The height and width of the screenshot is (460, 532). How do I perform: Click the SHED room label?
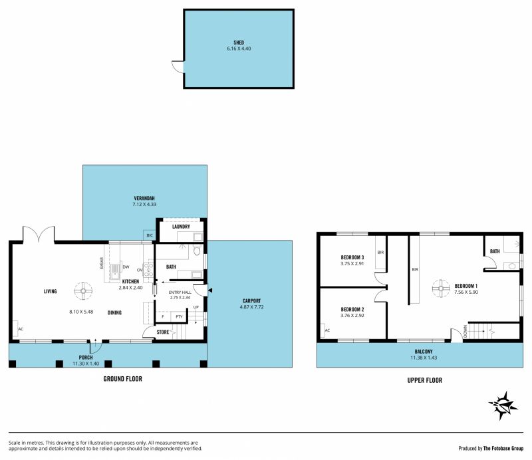(239, 43)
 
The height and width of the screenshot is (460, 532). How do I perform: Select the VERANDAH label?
(144, 198)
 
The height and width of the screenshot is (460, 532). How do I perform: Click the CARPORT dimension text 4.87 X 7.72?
(251, 307)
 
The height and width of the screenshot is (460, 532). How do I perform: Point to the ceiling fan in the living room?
(83, 290)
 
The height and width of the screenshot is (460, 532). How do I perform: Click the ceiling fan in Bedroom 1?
(441, 288)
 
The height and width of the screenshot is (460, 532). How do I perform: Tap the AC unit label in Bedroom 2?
(327, 330)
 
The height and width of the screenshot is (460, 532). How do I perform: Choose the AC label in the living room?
(21, 329)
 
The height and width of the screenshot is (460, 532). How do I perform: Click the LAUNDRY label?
(181, 226)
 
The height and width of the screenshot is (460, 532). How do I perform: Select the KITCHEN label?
(130, 281)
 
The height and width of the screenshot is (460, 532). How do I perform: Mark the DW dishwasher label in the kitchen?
(126, 267)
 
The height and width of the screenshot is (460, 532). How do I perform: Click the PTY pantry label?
(179, 316)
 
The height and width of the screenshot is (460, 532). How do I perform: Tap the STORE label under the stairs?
(162, 332)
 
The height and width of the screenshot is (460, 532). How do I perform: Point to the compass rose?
(503, 405)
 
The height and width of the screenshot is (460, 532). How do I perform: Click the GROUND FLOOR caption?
(123, 379)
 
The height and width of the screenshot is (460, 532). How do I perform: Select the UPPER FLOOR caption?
(425, 380)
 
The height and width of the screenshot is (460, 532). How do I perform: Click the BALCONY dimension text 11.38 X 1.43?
(424, 358)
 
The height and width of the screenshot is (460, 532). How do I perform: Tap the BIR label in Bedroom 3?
(380, 253)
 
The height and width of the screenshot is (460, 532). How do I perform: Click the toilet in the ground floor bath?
(197, 251)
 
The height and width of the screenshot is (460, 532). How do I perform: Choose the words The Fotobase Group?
(503, 449)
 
